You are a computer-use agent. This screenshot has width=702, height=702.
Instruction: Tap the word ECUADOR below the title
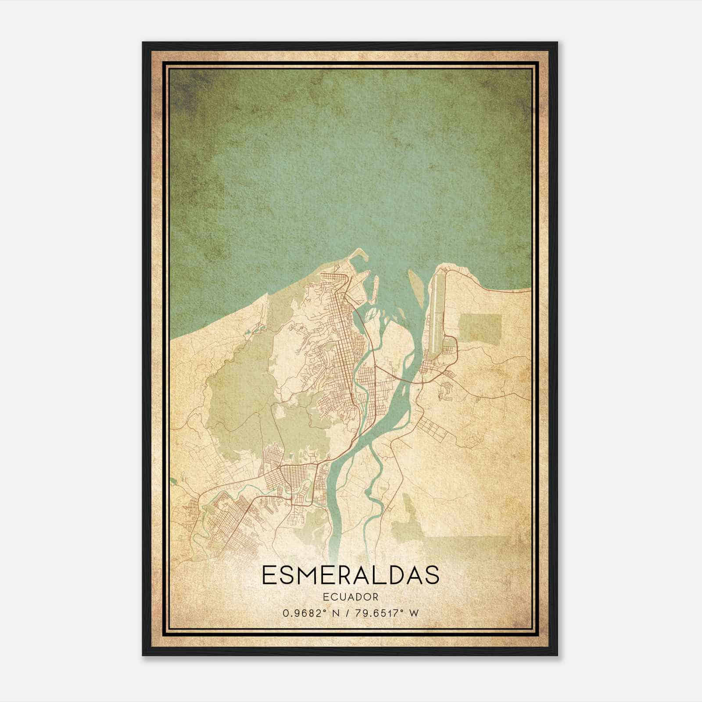click(x=350, y=597)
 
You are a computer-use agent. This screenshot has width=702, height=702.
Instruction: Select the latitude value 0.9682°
click(x=303, y=613)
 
